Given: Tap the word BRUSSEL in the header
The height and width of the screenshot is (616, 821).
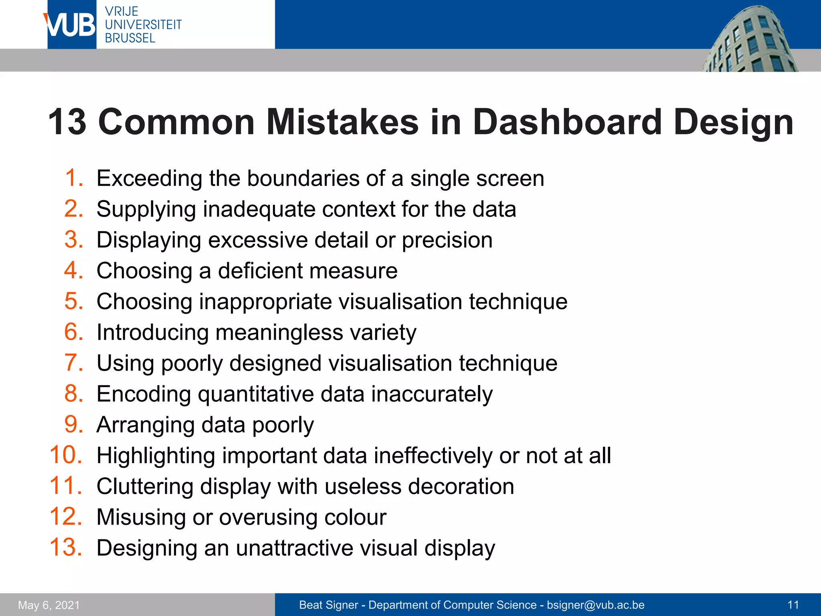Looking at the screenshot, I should (x=130, y=38).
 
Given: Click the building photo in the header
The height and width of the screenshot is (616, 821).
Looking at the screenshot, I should (x=750, y=40).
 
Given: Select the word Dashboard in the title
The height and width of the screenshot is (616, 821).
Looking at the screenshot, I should (x=567, y=122).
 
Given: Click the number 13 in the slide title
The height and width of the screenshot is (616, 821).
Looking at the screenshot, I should (x=67, y=122).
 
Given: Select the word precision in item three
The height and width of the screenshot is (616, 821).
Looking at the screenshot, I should (x=447, y=240).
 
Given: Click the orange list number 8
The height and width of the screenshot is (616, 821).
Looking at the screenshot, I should (x=74, y=393).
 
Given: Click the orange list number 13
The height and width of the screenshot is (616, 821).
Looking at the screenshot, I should (x=66, y=547).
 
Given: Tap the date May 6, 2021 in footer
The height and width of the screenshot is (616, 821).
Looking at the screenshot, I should (x=49, y=605).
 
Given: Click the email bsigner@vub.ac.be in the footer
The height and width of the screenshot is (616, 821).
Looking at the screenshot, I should (x=596, y=605).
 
